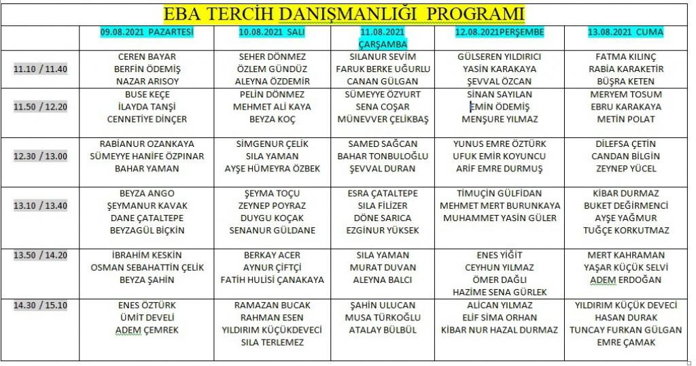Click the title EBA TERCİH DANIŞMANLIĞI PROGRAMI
pyautogui.click(x=345, y=14)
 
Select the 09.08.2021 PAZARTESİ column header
pyautogui.click(x=147, y=32)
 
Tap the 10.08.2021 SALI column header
pyautogui.click(x=272, y=32)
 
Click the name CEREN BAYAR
pyautogui.click(x=147, y=56)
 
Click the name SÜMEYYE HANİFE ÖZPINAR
pyautogui.click(x=147, y=156)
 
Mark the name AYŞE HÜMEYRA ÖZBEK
pyautogui.click(x=272, y=168)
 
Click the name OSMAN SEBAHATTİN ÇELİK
pyautogui.click(x=147, y=267)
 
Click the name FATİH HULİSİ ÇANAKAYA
pyautogui.click(x=272, y=280)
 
